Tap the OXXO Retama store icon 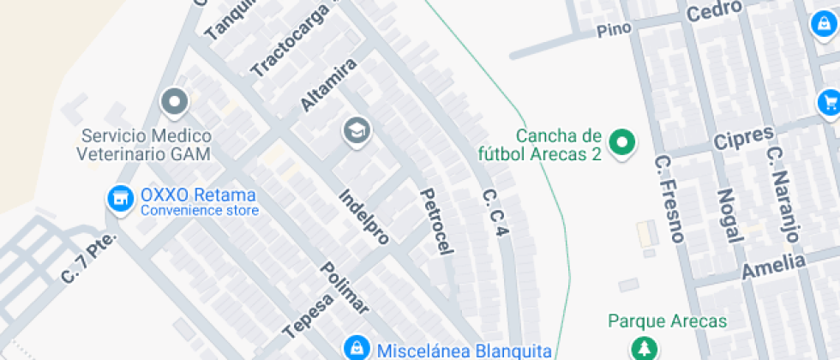click(120, 199)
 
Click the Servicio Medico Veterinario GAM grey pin click(176, 102)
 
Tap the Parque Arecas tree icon click(641, 348)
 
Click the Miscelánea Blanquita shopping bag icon click(354, 348)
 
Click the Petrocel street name click(435, 221)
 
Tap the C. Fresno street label click(668, 198)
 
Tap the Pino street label click(615, 29)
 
